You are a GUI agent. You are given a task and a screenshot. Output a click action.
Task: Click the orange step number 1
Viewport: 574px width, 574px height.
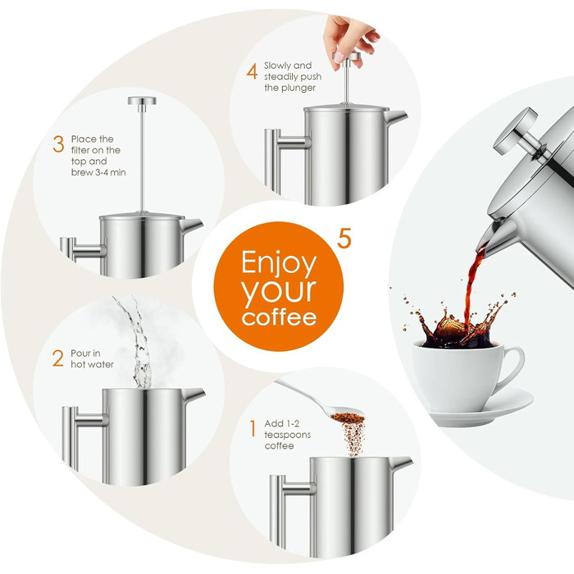click(253, 427)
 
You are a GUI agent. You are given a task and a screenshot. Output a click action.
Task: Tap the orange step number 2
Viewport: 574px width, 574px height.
click(57, 358)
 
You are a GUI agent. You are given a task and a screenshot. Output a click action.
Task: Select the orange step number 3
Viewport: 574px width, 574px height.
click(58, 145)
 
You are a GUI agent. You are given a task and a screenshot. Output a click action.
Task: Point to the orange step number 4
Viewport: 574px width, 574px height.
click(253, 71)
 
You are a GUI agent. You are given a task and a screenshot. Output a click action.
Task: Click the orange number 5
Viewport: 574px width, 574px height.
click(344, 240)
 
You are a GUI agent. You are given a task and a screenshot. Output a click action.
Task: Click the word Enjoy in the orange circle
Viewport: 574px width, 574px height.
click(279, 264)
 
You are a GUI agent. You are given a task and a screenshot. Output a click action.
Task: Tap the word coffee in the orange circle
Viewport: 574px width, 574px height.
click(279, 317)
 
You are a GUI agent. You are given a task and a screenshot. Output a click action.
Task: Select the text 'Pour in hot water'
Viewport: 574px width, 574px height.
click(92, 358)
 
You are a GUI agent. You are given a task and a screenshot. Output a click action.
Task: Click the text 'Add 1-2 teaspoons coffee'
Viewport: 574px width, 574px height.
click(288, 435)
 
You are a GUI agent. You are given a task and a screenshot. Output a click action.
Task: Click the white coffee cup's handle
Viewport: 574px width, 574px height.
click(512, 367)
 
